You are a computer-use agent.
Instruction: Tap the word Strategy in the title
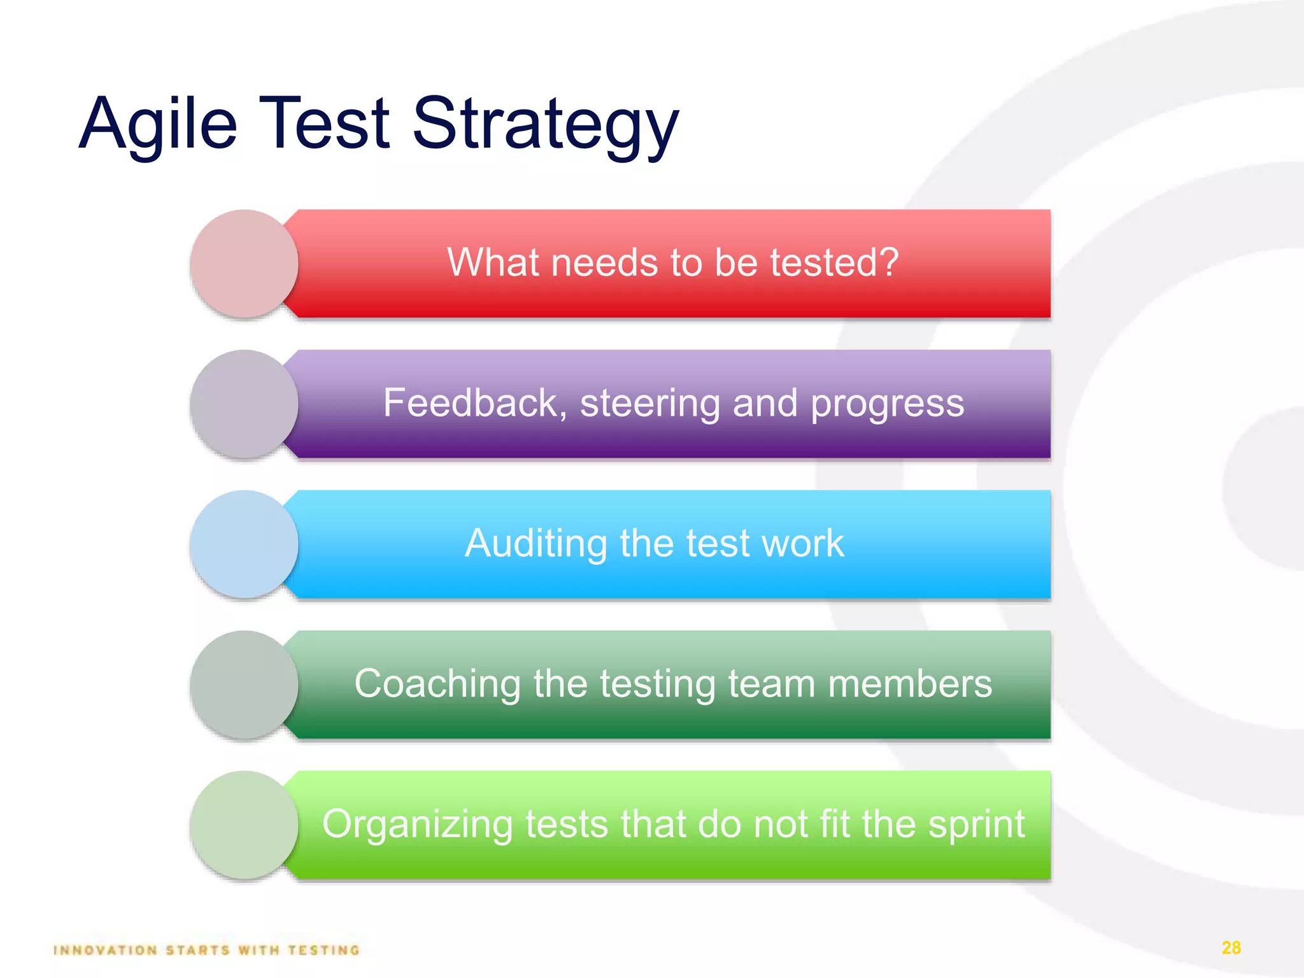click(x=546, y=124)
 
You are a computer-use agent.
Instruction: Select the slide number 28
click(x=1231, y=948)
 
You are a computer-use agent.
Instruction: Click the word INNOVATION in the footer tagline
click(x=106, y=950)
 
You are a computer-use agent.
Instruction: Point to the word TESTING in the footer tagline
click(x=323, y=950)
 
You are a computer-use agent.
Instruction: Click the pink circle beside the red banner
click(x=244, y=264)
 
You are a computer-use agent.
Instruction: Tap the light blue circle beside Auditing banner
click(x=244, y=544)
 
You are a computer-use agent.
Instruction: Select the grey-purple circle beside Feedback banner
click(x=244, y=404)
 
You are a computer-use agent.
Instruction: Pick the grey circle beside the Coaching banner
click(x=244, y=684)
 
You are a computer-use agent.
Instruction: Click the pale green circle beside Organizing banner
click(x=244, y=825)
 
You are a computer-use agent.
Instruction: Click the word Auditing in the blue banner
click(x=536, y=544)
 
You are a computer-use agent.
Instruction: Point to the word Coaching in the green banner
click(x=437, y=684)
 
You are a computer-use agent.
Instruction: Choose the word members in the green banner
click(x=910, y=684)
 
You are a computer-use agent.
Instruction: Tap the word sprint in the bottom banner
click(x=976, y=825)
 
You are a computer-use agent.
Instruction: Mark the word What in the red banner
click(x=492, y=262)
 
